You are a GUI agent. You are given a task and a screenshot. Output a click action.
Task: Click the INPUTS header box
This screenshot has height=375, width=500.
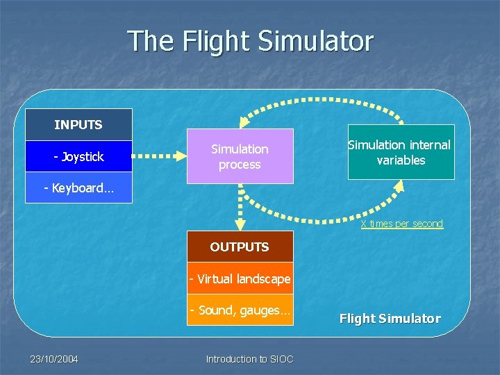78,125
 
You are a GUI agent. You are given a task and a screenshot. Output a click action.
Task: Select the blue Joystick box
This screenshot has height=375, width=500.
78,156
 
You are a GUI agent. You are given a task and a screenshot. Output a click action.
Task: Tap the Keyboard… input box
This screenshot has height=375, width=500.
78,188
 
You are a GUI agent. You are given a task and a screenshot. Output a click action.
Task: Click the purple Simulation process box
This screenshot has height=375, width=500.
240,156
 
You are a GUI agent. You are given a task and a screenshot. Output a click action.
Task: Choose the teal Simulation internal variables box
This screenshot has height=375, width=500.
401,152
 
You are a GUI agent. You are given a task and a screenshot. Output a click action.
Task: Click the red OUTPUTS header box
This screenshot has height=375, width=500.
240,247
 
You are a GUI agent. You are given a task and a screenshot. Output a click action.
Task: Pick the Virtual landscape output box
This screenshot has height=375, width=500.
240,279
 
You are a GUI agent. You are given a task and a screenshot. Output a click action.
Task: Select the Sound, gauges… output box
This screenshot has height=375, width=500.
240,310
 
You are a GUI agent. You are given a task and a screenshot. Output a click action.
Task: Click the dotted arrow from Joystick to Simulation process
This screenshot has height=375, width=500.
158,156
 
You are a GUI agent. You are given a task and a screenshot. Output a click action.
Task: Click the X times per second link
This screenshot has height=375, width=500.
401,224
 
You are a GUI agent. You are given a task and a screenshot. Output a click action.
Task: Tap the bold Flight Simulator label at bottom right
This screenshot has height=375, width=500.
390,319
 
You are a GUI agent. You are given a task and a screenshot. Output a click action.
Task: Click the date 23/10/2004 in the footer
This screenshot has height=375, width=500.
53,359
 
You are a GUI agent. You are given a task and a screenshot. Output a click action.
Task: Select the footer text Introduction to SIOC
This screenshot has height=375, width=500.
249,359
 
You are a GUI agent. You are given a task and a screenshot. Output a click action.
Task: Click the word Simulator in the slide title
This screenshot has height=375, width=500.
315,41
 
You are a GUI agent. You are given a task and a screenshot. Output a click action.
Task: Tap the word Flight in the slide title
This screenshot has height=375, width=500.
217,41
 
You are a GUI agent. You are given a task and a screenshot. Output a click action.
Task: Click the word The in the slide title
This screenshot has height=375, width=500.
151,41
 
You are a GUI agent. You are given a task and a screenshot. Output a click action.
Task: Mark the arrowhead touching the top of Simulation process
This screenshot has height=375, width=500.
240,123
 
